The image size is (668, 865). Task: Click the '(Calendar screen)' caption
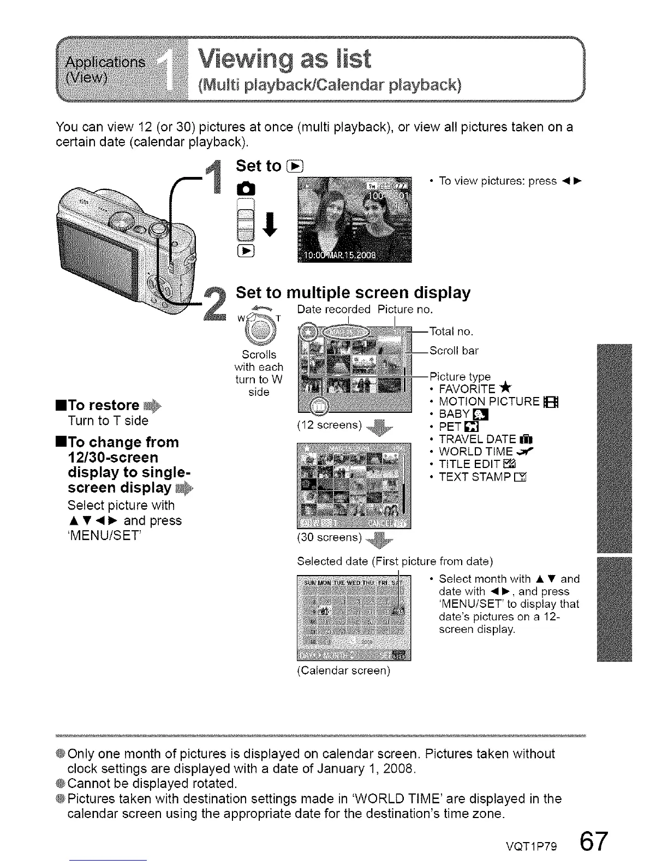pos(343,671)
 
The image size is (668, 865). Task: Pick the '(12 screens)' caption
pos(330,425)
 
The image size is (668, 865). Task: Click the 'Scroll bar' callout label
pos(454,351)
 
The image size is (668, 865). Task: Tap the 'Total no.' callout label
pos(451,331)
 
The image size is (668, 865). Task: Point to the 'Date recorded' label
pos(334,310)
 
